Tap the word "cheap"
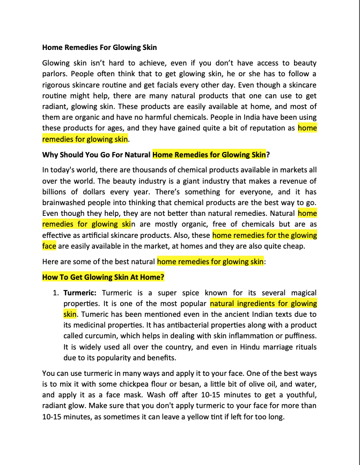(x=293, y=246)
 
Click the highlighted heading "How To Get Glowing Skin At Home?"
(x=103, y=277)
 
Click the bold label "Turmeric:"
(x=80, y=293)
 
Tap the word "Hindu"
(x=240, y=346)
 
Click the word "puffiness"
(x=298, y=336)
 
